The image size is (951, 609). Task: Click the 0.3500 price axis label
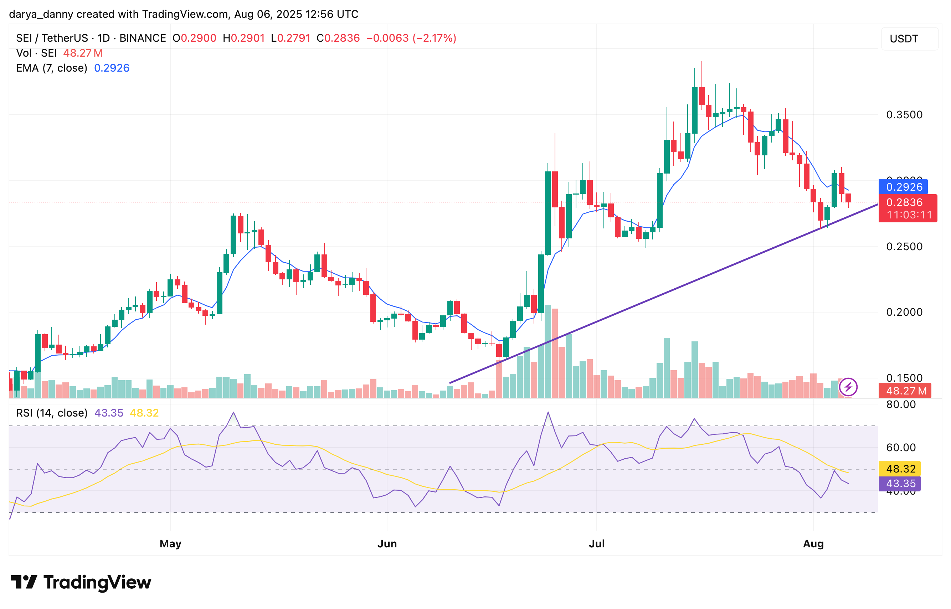tap(904, 115)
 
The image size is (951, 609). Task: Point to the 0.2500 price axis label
tap(904, 246)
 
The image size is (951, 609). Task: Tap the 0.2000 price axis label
tap(904, 312)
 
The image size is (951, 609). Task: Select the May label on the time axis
tap(170, 543)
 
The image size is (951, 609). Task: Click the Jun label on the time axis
tap(386, 543)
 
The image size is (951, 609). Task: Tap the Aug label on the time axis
tap(813, 543)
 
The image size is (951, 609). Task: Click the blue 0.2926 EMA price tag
tap(904, 187)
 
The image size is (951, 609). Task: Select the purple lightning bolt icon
tap(848, 387)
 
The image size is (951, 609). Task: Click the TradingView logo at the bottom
tap(81, 582)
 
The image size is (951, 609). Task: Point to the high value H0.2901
tap(243, 38)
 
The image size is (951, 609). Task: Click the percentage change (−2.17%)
tap(434, 38)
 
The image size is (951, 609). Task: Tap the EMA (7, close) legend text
tap(51, 68)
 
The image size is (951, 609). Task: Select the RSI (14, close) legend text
tap(51, 413)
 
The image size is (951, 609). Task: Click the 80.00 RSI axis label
tap(900, 404)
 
